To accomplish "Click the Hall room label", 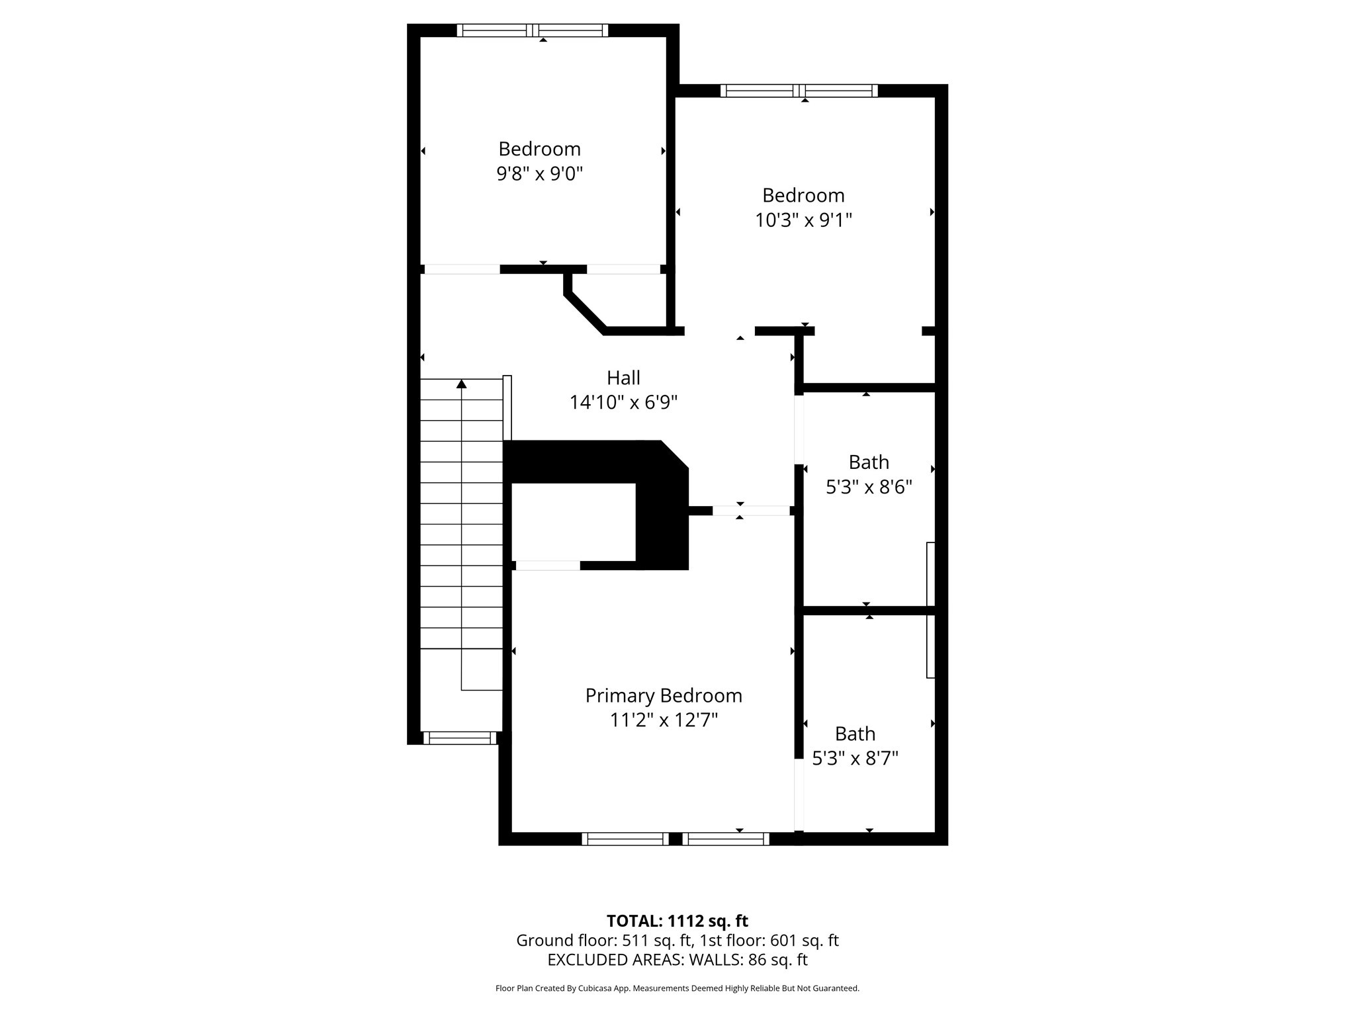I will [x=623, y=378].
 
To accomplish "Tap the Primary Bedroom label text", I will [x=664, y=695].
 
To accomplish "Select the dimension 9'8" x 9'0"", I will [x=539, y=174].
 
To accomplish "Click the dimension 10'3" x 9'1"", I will [x=803, y=220].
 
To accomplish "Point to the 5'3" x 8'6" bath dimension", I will [x=869, y=487].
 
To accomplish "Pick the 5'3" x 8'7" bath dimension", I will [x=855, y=758].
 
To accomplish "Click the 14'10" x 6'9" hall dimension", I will [x=623, y=402].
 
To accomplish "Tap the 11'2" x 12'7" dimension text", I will [x=664, y=720].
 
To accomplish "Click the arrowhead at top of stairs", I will [x=462, y=384].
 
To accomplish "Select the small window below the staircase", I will [x=460, y=738].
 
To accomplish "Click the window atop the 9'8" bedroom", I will [x=532, y=30].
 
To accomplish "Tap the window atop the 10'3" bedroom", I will [x=799, y=91].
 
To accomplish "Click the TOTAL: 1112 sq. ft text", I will [x=677, y=921].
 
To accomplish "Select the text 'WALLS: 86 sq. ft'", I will [x=748, y=960].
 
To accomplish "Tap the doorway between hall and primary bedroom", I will [x=751, y=511].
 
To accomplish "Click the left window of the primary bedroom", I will [x=625, y=839].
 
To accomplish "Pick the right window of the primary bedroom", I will [x=726, y=839].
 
